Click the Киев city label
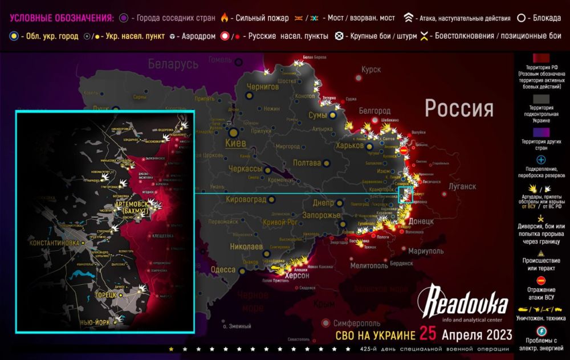point(235,144)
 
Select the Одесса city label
point(222,269)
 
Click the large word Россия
point(459,108)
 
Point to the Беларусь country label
point(174,64)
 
